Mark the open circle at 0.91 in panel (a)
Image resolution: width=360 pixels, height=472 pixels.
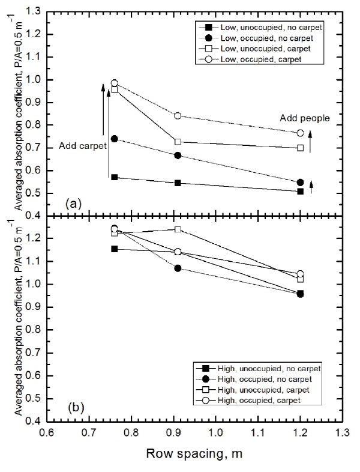(x=178, y=115)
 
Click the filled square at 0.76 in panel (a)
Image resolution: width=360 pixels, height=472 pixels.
(x=114, y=177)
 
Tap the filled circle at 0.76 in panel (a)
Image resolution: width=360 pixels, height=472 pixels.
(x=114, y=139)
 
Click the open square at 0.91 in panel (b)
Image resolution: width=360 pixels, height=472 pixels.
(x=178, y=229)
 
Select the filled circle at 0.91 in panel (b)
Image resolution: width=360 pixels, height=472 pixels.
(x=178, y=268)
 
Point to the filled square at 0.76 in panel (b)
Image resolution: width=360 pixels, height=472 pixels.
(x=114, y=249)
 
